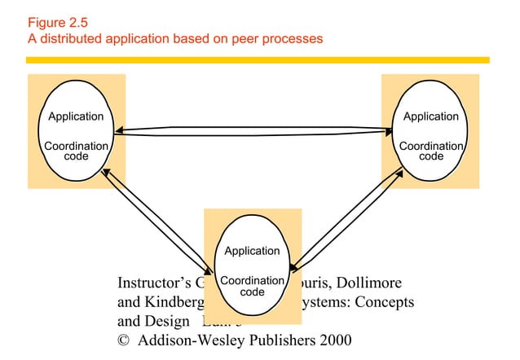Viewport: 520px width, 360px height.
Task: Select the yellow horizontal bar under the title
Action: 258,59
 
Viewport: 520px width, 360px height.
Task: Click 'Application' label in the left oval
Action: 76,116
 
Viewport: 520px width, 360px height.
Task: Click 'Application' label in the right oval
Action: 431,116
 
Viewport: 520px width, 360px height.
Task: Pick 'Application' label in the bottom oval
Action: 252,251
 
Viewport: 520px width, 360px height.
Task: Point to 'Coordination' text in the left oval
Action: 76,146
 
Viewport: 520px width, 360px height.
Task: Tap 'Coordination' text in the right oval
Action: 431,146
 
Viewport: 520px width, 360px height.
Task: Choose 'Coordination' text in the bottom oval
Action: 252,280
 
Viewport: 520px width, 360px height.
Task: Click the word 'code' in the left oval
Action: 76,156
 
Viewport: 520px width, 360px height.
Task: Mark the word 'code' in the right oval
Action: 431,156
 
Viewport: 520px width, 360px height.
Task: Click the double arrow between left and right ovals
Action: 253,130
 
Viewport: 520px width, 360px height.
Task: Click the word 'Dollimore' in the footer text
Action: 368,284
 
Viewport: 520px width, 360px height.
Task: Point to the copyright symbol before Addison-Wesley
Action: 125,340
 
